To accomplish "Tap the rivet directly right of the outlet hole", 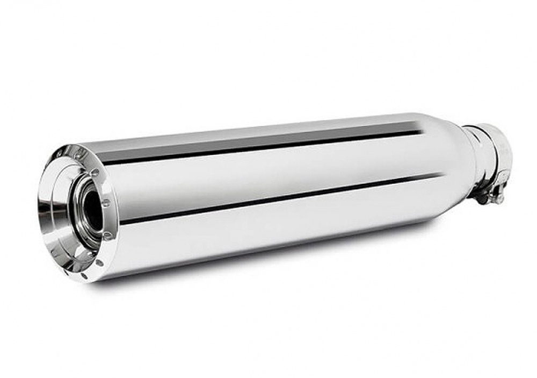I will [106, 203].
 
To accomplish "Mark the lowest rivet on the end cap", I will [100, 263].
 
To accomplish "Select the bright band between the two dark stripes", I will [268, 172].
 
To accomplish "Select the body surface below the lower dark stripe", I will [268, 237].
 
